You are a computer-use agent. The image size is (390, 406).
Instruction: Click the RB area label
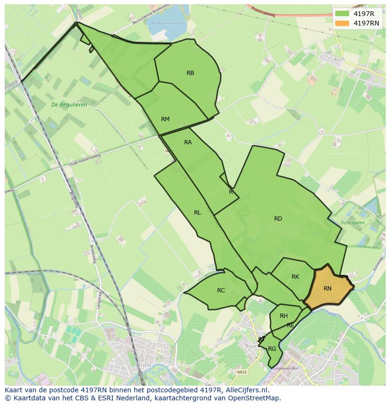click(x=190, y=73)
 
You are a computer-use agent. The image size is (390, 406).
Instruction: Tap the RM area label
click(x=165, y=119)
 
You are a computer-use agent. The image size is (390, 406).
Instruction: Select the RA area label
click(x=188, y=142)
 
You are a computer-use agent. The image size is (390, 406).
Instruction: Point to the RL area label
click(x=197, y=213)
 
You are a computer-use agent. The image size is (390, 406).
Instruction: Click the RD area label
click(x=278, y=219)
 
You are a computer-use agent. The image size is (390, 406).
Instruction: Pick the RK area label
click(x=295, y=277)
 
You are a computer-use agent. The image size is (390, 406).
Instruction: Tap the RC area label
click(x=221, y=290)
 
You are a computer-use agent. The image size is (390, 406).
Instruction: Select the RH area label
click(x=284, y=316)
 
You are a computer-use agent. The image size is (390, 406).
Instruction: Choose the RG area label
click(x=272, y=349)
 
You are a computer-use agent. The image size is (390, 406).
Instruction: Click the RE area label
click(x=291, y=325)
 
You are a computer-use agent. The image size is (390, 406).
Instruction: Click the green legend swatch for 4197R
click(x=342, y=14)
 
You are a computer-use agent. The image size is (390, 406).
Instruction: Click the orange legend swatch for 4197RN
click(x=342, y=23)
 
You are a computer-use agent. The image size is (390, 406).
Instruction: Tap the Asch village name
click(x=339, y=59)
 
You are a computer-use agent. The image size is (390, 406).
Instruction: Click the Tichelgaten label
click(x=353, y=222)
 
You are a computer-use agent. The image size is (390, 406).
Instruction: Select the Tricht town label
click(x=144, y=365)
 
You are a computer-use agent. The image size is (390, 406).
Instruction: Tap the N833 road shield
click(x=242, y=372)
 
